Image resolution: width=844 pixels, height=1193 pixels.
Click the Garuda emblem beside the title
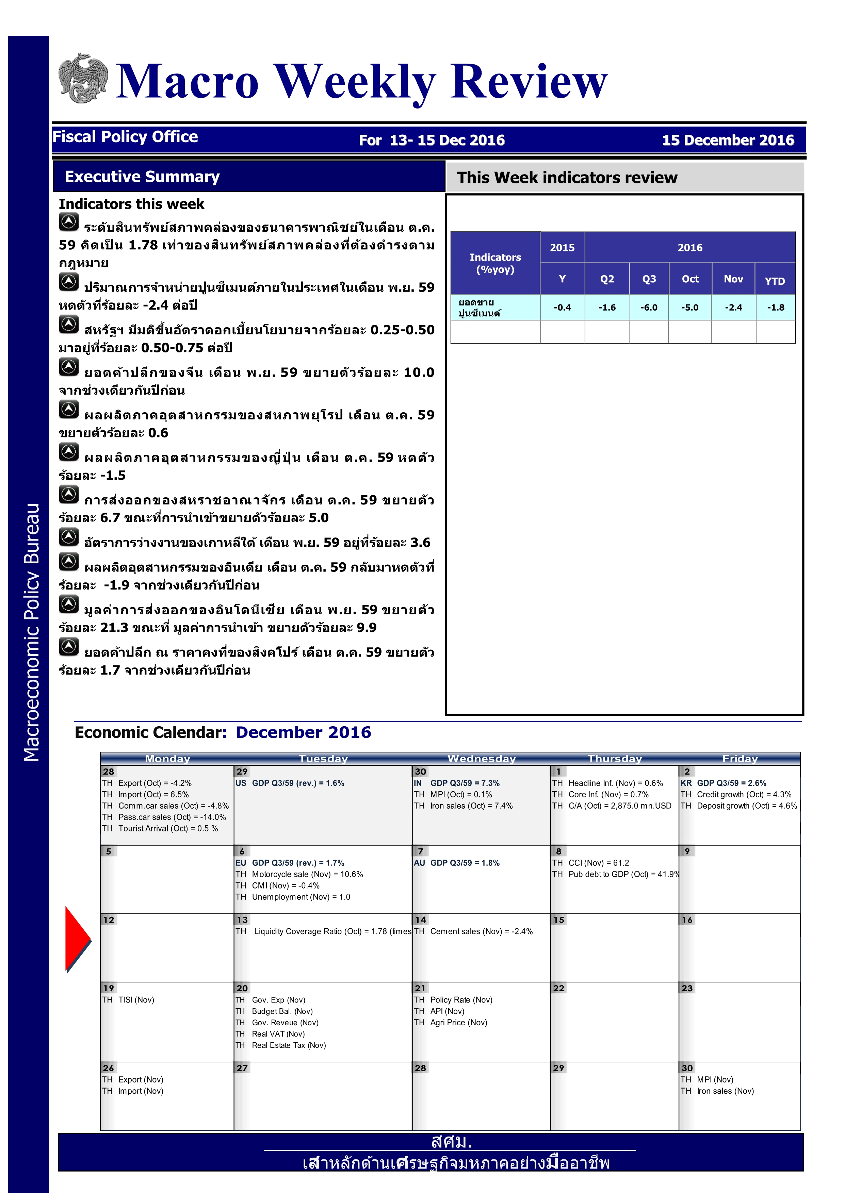click(x=83, y=78)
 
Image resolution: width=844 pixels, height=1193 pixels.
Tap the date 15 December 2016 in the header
click(x=728, y=140)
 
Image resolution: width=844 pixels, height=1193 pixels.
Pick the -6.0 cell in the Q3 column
click(x=649, y=308)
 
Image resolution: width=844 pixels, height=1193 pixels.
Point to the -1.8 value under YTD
click(x=775, y=308)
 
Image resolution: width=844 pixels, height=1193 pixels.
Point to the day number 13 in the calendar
click(x=242, y=920)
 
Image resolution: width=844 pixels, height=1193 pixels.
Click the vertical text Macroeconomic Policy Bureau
click(x=31, y=632)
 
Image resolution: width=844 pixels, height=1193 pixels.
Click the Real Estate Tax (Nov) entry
click(x=289, y=1045)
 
